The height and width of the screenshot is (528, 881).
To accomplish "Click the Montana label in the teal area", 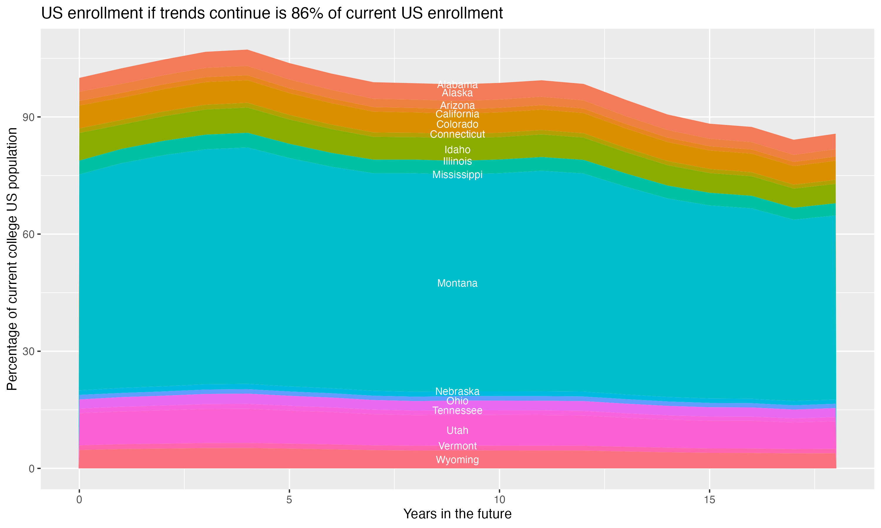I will (457, 283).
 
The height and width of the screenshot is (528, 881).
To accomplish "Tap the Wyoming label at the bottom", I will (457, 460).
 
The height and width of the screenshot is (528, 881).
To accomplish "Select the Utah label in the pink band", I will (457, 431).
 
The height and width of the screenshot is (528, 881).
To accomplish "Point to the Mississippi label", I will (457, 175).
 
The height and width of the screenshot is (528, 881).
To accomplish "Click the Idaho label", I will (457, 150).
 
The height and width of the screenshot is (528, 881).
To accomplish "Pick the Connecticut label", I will (457, 134).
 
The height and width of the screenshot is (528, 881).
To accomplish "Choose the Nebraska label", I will (457, 391).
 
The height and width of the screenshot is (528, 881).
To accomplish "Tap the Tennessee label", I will (457, 411).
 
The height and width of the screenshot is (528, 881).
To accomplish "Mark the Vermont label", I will (457, 446).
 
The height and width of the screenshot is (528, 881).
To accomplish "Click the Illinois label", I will (457, 161).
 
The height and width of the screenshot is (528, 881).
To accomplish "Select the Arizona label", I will (457, 106).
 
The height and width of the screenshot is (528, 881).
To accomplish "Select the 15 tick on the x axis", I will (709, 500).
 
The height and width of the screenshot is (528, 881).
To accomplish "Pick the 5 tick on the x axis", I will (289, 500).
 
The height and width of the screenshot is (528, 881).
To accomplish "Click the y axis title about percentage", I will (12, 259).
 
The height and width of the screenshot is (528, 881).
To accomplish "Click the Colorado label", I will (457, 125).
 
